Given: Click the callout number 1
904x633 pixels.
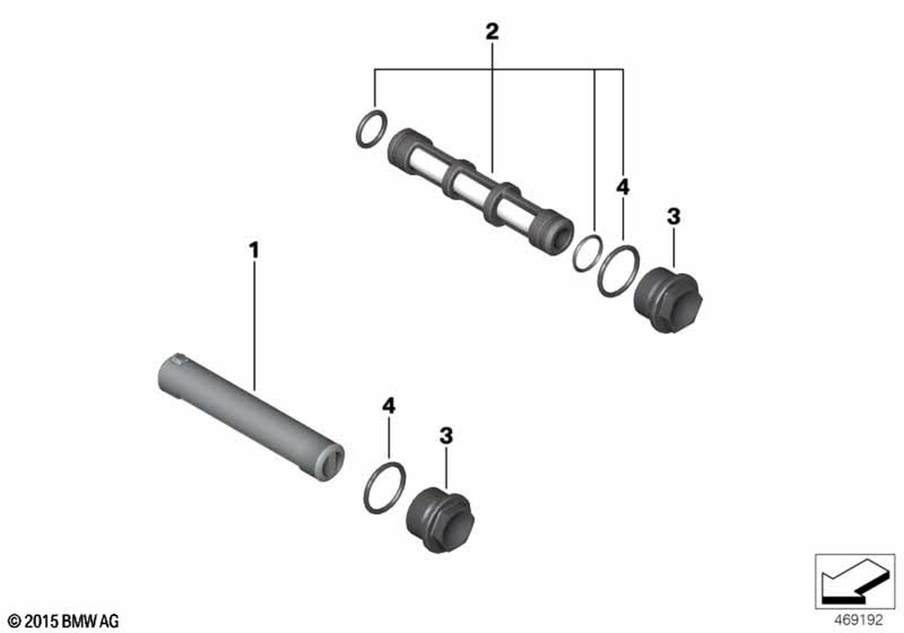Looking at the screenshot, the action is click(254, 250).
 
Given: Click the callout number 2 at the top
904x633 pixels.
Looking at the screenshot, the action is click(492, 31).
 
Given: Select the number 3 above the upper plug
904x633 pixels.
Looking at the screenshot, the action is click(673, 217).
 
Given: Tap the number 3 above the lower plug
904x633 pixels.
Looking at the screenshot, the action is click(447, 436).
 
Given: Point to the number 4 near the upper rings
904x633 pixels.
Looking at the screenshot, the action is click(623, 187).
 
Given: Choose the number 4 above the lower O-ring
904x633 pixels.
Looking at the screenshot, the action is click(389, 406).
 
